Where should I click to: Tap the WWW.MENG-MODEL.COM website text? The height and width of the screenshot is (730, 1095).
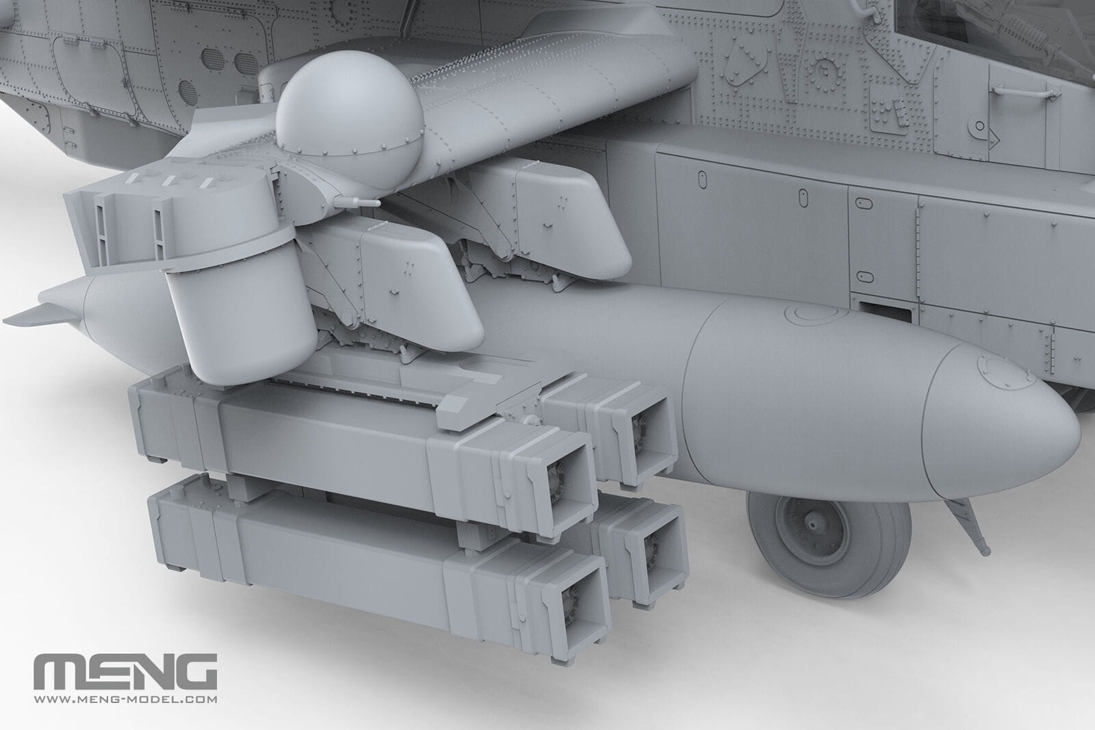(x=125, y=699)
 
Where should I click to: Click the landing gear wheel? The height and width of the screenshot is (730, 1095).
(x=828, y=543)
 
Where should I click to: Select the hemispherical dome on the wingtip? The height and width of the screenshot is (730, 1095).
(x=350, y=115)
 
